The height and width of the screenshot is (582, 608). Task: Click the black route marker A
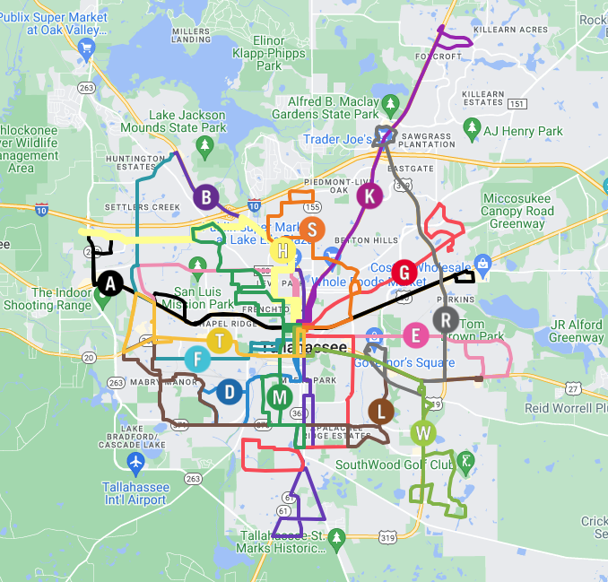[x=110, y=283]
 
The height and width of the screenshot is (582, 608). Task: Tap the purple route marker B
[x=206, y=197]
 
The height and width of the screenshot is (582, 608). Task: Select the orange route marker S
[x=311, y=230]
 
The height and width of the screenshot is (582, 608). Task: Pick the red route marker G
[x=404, y=273]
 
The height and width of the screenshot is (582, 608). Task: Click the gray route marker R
[x=446, y=319]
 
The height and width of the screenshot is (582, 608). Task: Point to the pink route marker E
[x=414, y=335]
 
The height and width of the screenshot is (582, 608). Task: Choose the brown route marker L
[x=380, y=412]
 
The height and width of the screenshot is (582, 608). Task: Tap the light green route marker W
[x=423, y=434]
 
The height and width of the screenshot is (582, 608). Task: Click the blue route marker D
[x=230, y=391]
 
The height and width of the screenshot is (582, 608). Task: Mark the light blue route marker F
[x=197, y=360]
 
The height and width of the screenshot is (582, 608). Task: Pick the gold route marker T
[x=220, y=341]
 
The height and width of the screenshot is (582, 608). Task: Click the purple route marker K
[x=369, y=195]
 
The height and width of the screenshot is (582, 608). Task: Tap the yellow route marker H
[x=282, y=251]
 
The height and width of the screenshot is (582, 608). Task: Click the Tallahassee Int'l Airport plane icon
[x=135, y=462]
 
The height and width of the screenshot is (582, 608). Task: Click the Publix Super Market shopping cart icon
[x=86, y=50]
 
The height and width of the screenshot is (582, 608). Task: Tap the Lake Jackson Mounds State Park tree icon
[x=205, y=144]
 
